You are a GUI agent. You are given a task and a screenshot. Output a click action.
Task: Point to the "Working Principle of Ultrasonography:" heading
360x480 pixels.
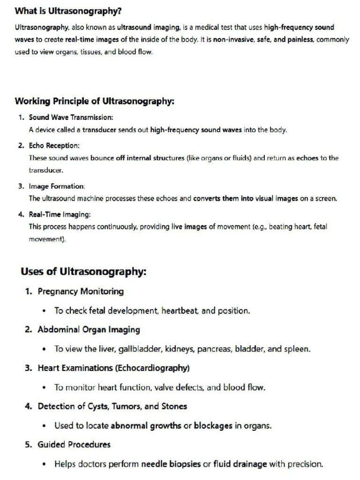(95, 101)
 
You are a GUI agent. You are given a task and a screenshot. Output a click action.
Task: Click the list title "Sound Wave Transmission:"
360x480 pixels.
(71, 117)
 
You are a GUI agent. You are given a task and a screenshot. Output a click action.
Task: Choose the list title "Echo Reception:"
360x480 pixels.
(54, 146)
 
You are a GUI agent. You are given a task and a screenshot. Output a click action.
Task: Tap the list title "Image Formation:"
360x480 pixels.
(57, 186)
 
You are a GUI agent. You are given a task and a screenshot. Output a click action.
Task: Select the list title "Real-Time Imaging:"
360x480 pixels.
(60, 214)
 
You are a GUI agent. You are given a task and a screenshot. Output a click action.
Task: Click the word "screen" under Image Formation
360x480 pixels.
(325, 198)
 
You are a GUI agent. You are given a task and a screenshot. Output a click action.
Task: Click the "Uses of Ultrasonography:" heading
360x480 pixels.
(83, 272)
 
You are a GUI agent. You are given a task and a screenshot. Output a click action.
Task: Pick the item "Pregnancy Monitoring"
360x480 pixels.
(81, 292)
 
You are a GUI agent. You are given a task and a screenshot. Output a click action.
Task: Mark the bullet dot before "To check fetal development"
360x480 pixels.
(44, 311)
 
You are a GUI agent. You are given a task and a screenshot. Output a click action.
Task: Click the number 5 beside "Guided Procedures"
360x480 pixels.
(28, 445)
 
